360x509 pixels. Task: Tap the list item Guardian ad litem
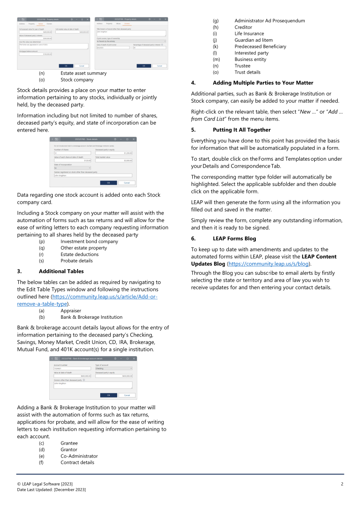click(x=253, y=40)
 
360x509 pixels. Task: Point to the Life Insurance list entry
click(x=249, y=34)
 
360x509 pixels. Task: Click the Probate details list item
click(x=76, y=261)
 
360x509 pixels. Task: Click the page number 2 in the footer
click(x=342, y=484)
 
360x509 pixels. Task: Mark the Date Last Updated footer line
click(x=51, y=490)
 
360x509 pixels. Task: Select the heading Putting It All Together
click(x=241, y=130)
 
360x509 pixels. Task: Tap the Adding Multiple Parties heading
click(x=263, y=83)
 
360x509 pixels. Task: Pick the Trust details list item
click(x=247, y=72)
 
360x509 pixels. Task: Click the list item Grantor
click(x=69, y=449)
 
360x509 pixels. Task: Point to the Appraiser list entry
click(x=71, y=311)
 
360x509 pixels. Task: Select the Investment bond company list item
click(x=89, y=241)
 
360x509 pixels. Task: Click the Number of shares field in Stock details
click(x=72, y=153)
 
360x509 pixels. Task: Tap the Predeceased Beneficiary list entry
click(x=260, y=47)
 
